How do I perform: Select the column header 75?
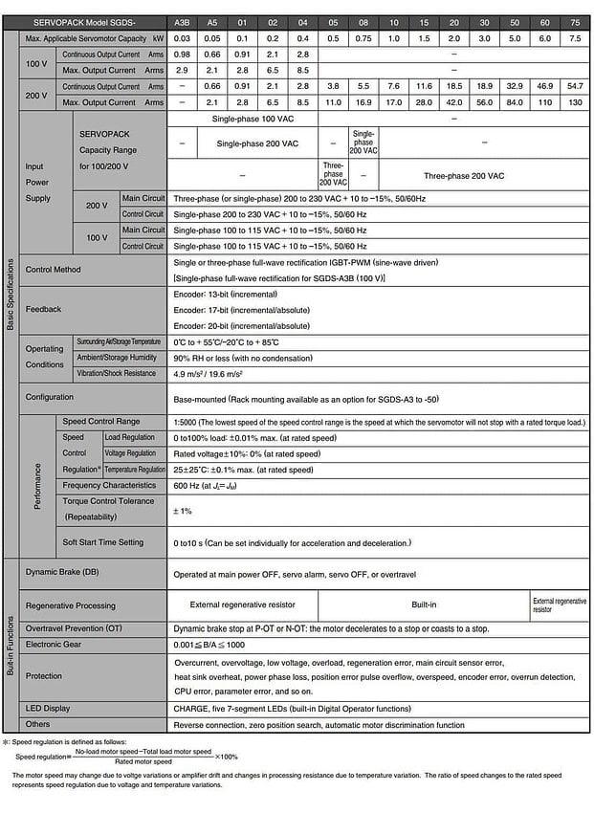575,22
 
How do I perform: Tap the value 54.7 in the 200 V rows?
575,86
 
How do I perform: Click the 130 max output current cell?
575,101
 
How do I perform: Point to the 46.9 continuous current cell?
544,86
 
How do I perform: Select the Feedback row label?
43,309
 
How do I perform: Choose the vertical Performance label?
38,486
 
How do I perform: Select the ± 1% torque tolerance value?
183,511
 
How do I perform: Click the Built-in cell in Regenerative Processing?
426,604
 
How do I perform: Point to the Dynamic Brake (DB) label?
62,572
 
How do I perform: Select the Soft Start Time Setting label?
102,542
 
